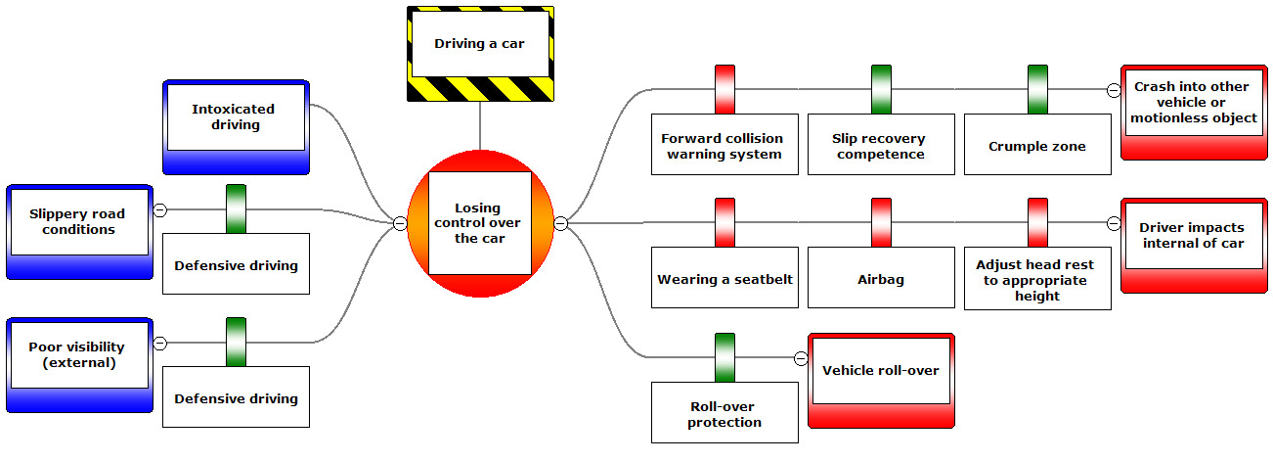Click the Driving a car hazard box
pyautogui.click(x=480, y=45)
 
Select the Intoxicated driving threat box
pyautogui.click(x=235, y=117)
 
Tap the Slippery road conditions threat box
pyautogui.click(x=79, y=222)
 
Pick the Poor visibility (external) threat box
pyautogui.click(x=79, y=355)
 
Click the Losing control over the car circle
pyautogui.click(x=479, y=224)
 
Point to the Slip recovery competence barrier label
pyautogui.click(x=881, y=146)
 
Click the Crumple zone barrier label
pyautogui.click(x=1037, y=146)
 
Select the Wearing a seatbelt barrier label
pyautogui.click(x=724, y=279)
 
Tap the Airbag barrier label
pyautogui.click(x=881, y=279)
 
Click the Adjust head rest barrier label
pyautogui.click(x=1037, y=279)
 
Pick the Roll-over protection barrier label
pyautogui.click(x=724, y=414)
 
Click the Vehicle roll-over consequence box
pyautogui.click(x=881, y=371)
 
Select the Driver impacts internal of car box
pyautogui.click(x=1194, y=236)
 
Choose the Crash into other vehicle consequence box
pyautogui.click(x=1194, y=103)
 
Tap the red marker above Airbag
pyautogui.click(x=881, y=222)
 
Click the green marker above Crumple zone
pyautogui.click(x=1037, y=89)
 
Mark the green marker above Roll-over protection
pyautogui.click(x=724, y=357)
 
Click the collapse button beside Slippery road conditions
pyautogui.click(x=160, y=209)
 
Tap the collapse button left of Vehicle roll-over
pyautogui.click(x=801, y=358)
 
